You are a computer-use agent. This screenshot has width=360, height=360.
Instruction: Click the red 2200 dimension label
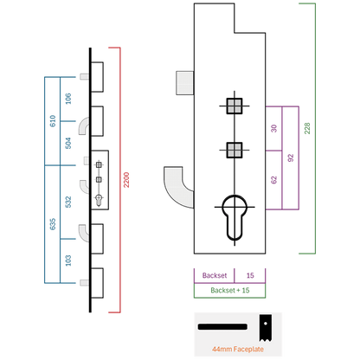pyautogui.click(x=126, y=180)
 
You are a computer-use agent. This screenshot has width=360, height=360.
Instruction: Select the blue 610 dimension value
pyautogui.click(x=53, y=121)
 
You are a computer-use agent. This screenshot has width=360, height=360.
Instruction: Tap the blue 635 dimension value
pyautogui.click(x=53, y=224)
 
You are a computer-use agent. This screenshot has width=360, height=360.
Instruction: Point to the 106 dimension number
pyautogui.click(x=68, y=99)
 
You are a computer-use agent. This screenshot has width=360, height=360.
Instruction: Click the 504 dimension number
pyautogui.click(x=68, y=143)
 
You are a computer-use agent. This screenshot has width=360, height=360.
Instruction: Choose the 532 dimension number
pyautogui.click(x=68, y=202)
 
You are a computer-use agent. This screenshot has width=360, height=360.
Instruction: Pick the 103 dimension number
pyautogui.click(x=68, y=260)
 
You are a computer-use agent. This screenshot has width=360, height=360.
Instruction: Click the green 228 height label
pyautogui.click(x=307, y=128)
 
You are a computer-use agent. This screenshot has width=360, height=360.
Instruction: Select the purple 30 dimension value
pyautogui.click(x=273, y=128)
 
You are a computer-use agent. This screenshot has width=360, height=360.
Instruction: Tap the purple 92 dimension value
pyautogui.click(x=291, y=157)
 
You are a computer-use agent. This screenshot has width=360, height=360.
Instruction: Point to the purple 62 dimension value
pyautogui.click(x=273, y=180)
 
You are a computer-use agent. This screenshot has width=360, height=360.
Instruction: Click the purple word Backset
pyautogui.click(x=215, y=275)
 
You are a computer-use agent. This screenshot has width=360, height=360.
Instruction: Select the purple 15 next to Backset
pyautogui.click(x=250, y=275)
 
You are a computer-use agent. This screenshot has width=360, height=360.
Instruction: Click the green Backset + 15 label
pyautogui.click(x=230, y=290)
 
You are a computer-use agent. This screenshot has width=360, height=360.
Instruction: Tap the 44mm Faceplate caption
pyautogui.click(x=238, y=349)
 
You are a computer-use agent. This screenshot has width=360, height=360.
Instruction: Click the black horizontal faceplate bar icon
pyautogui.click(x=222, y=327)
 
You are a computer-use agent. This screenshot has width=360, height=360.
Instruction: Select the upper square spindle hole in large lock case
pyautogui.click(x=235, y=106)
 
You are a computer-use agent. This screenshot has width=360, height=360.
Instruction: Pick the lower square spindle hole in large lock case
pyautogui.click(x=235, y=150)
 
